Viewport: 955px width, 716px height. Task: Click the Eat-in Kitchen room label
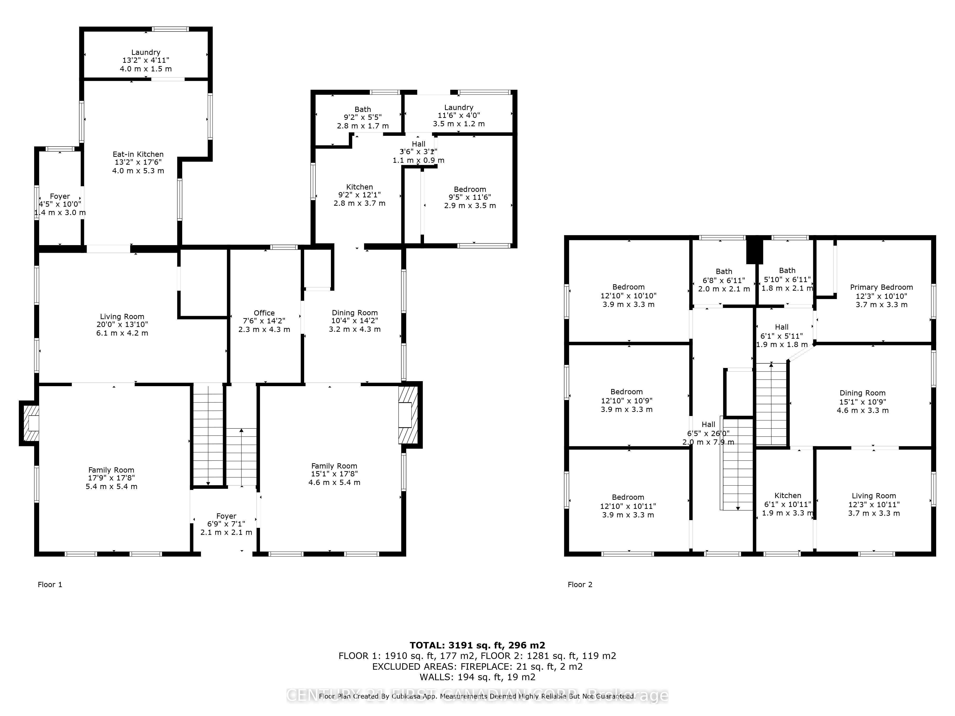[138, 154]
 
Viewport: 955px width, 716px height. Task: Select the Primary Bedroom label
[881, 287]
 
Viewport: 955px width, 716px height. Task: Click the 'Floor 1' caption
[50, 584]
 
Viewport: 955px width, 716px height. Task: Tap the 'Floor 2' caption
[580, 584]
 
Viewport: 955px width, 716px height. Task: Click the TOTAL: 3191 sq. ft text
[477, 645]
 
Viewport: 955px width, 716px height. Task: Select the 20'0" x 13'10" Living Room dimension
[122, 325]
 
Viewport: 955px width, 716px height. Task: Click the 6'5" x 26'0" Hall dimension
[708, 433]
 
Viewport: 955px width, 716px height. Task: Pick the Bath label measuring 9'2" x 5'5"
[363, 110]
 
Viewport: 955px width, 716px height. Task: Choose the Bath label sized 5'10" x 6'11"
[787, 271]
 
